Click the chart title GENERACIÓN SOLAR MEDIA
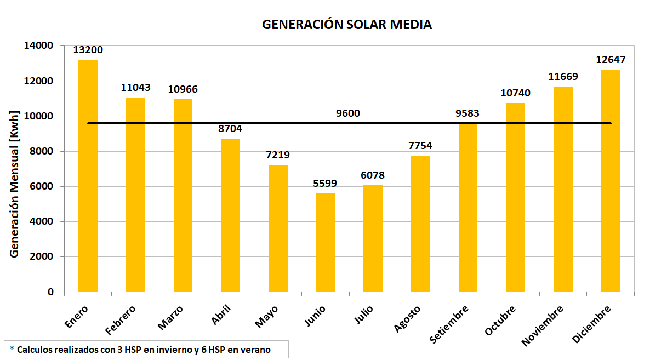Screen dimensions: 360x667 pos(346,25)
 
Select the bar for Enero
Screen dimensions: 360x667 pos(88,175)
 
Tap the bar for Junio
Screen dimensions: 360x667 pos(326,242)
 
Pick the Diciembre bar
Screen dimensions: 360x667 pos(611,181)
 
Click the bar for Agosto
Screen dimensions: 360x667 pos(420,224)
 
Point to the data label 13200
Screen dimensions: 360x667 pos(88,50)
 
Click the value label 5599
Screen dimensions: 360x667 pos(326,184)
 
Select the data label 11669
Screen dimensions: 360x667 pos(563,77)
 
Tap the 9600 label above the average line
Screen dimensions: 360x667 pos(348,113)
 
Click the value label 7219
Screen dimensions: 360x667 pos(278,155)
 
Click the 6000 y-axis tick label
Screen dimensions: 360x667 pos(43,186)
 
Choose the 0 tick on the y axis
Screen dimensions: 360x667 pos(50,292)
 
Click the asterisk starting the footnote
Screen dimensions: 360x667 pos(11,348)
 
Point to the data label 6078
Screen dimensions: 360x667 pos(373,175)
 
